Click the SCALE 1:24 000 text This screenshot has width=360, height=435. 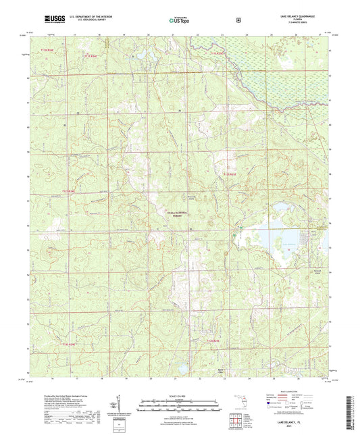coord(178,395)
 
